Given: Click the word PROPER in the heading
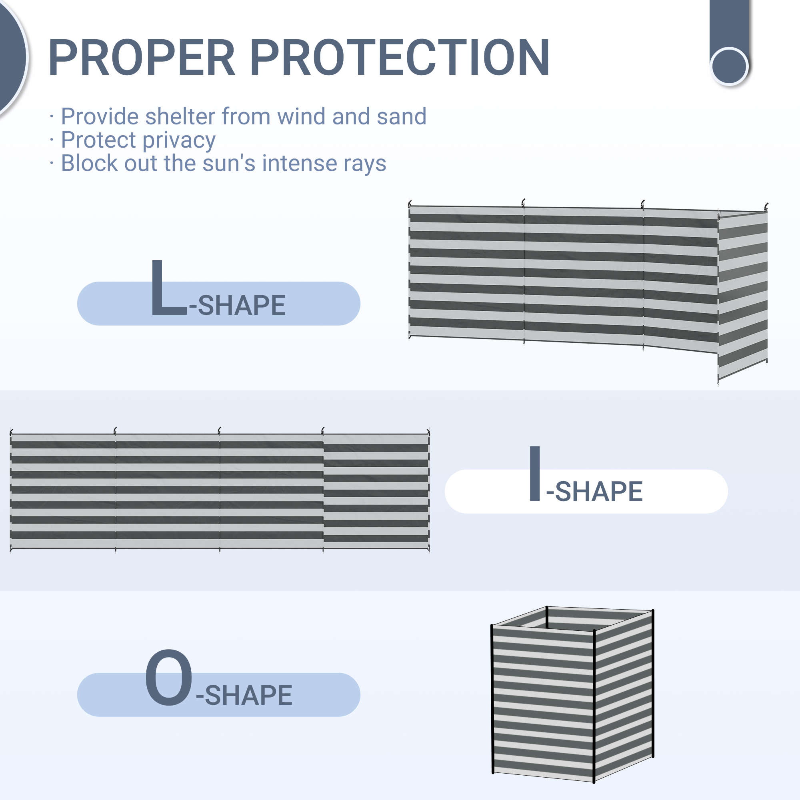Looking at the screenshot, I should point(142,58).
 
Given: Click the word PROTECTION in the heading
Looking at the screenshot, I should point(400,58).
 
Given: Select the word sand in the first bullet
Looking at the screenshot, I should point(401,116).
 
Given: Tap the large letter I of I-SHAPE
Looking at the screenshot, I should point(534,473).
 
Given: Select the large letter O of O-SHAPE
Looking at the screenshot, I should point(168,678).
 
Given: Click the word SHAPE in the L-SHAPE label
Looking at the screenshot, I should point(242,306).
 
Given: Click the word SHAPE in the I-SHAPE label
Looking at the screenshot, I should point(599,492).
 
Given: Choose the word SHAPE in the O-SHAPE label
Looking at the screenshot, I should point(248,695).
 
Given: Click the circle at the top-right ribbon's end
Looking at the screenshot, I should point(729,66).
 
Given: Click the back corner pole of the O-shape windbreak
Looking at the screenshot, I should point(547,617).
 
